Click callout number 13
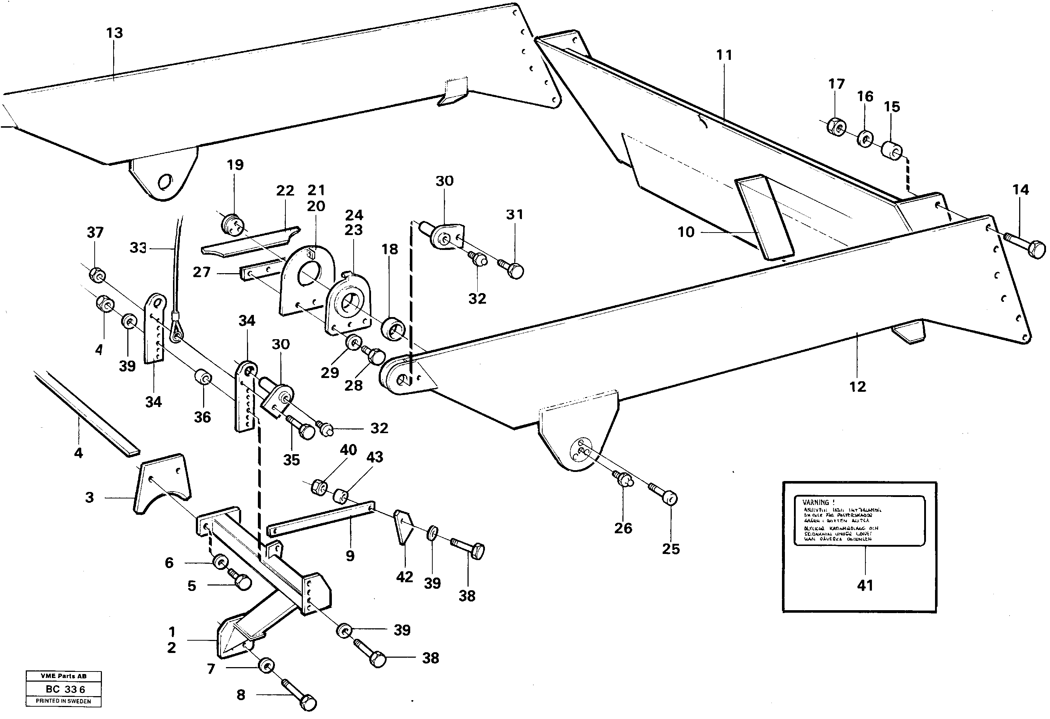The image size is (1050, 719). pos(114,33)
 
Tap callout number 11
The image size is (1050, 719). pos(724,55)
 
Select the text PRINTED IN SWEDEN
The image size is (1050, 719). pos(63,701)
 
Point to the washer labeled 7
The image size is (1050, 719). pos(267,666)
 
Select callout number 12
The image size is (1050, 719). pos(857,386)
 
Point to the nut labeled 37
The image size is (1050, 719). pos(96,274)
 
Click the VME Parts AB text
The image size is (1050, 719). pos(63,676)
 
